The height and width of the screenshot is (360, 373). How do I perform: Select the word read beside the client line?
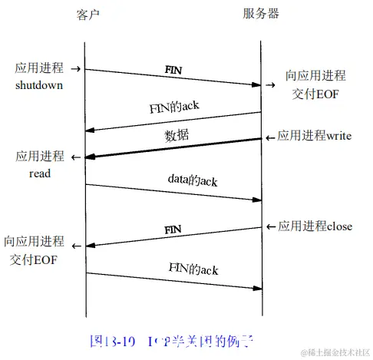tap(40, 173)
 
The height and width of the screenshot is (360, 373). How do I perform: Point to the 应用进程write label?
tap(314, 137)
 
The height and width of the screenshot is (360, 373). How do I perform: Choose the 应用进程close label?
tap(315, 226)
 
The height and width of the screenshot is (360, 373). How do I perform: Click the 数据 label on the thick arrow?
tap(177, 136)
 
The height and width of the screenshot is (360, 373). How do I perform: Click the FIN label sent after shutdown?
tap(173, 70)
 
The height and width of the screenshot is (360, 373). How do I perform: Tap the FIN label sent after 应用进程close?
tap(173, 229)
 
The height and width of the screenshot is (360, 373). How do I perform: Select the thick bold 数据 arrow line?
tap(173, 148)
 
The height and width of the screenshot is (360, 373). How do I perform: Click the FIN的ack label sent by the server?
tap(174, 106)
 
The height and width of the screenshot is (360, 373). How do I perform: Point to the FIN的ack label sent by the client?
tap(193, 269)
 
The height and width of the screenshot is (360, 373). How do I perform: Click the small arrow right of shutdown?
tap(77, 67)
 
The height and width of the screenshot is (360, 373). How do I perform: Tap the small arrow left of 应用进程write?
tap(269, 137)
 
